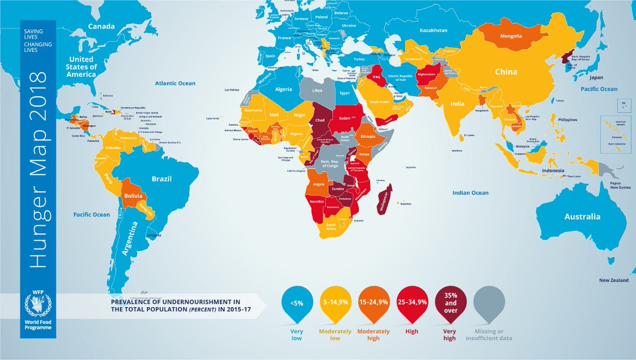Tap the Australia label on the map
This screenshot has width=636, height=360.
(582, 216)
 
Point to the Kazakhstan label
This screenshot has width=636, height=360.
(437, 30)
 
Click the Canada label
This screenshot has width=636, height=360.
(101, 26)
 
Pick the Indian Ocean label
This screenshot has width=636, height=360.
(470, 192)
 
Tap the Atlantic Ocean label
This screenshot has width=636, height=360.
(175, 83)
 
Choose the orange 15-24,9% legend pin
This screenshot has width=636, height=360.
(374, 303)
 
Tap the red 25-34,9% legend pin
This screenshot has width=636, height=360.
(412, 303)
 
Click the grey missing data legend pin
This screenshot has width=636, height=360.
(489, 303)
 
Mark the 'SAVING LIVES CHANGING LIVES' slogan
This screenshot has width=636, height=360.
(38, 42)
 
